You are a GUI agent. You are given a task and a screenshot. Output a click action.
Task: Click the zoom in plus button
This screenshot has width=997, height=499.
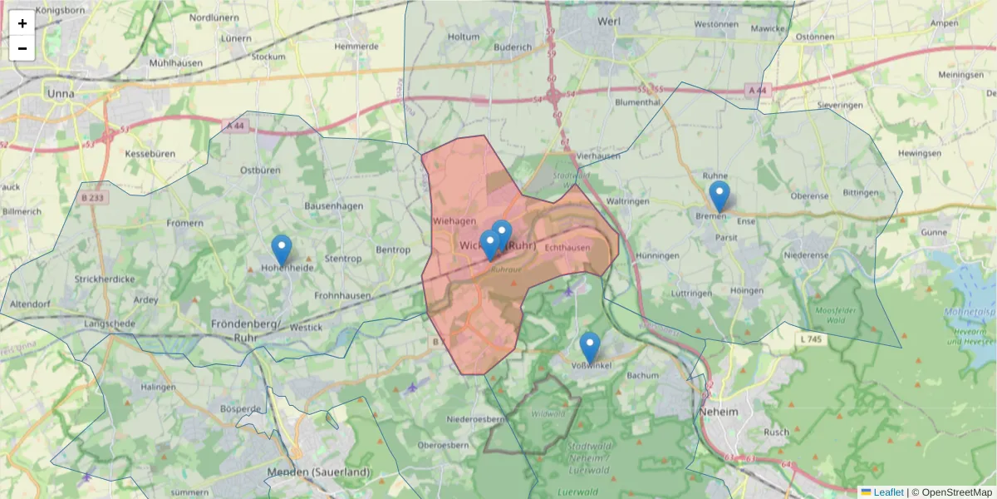click(22, 23)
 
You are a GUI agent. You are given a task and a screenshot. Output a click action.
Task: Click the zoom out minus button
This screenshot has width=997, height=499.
click(22, 48)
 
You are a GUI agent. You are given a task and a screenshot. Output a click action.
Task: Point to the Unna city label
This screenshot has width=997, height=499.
click(61, 93)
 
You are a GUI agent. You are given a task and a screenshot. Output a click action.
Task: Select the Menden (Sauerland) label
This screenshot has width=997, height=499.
click(318, 472)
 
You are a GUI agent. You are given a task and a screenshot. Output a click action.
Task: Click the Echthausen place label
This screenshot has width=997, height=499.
click(567, 248)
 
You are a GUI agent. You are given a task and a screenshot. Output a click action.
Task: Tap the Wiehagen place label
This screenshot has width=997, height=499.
click(454, 221)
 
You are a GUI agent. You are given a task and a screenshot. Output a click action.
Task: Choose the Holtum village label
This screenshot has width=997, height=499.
click(464, 37)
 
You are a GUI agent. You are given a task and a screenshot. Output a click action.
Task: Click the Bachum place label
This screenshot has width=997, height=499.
click(643, 376)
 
